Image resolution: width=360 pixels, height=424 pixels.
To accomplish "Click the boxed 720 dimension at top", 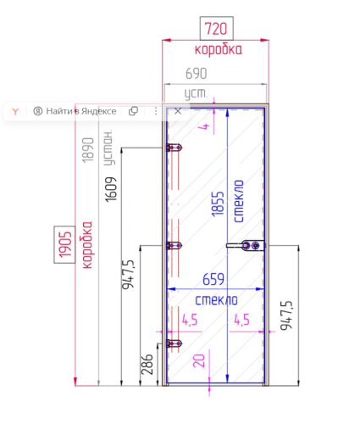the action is tap(216, 28).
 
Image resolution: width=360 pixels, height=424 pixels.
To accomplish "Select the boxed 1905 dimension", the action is tap(64, 244).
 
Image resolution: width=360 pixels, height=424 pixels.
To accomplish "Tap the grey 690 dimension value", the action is tap(197, 74).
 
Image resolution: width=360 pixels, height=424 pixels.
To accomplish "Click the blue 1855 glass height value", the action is tap(218, 204).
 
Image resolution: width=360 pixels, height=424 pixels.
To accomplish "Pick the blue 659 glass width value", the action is tap(213, 279).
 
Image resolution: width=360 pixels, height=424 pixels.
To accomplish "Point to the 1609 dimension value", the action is tap(111, 189).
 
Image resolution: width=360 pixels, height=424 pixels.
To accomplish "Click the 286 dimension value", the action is tap(147, 365).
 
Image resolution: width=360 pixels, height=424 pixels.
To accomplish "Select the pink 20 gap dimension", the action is tap(198, 360).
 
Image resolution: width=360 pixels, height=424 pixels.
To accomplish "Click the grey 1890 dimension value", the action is tap(88, 150).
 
